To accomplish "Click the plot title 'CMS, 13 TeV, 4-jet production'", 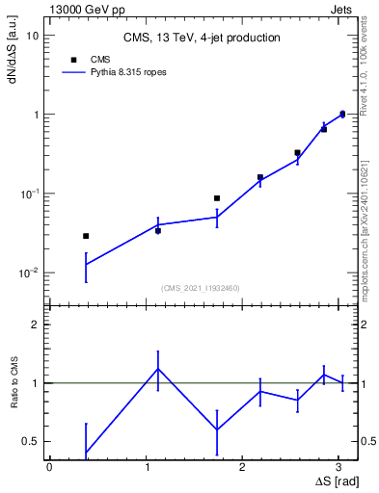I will point(202,38).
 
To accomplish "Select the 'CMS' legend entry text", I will point(101,59).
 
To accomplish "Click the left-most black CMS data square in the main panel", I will point(86,236).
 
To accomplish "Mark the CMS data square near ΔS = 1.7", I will point(217,198).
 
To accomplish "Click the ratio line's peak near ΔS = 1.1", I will point(158,368).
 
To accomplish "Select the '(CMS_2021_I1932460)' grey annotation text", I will point(201,288).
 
